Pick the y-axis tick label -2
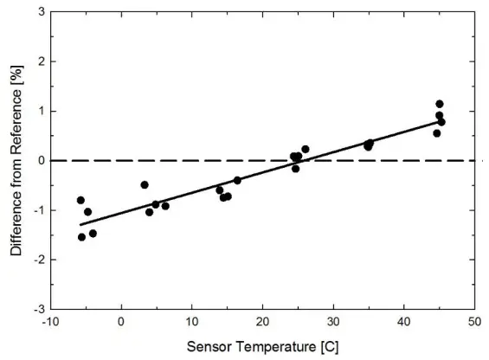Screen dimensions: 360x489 37,260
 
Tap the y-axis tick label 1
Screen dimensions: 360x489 40,112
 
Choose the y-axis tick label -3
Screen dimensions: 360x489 37,309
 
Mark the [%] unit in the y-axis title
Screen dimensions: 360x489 16,76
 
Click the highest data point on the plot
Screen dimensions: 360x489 440,104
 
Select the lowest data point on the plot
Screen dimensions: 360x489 82,237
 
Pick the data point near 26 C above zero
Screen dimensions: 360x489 306,150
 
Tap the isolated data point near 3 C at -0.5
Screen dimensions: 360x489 145,184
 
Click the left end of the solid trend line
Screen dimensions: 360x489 80,225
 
